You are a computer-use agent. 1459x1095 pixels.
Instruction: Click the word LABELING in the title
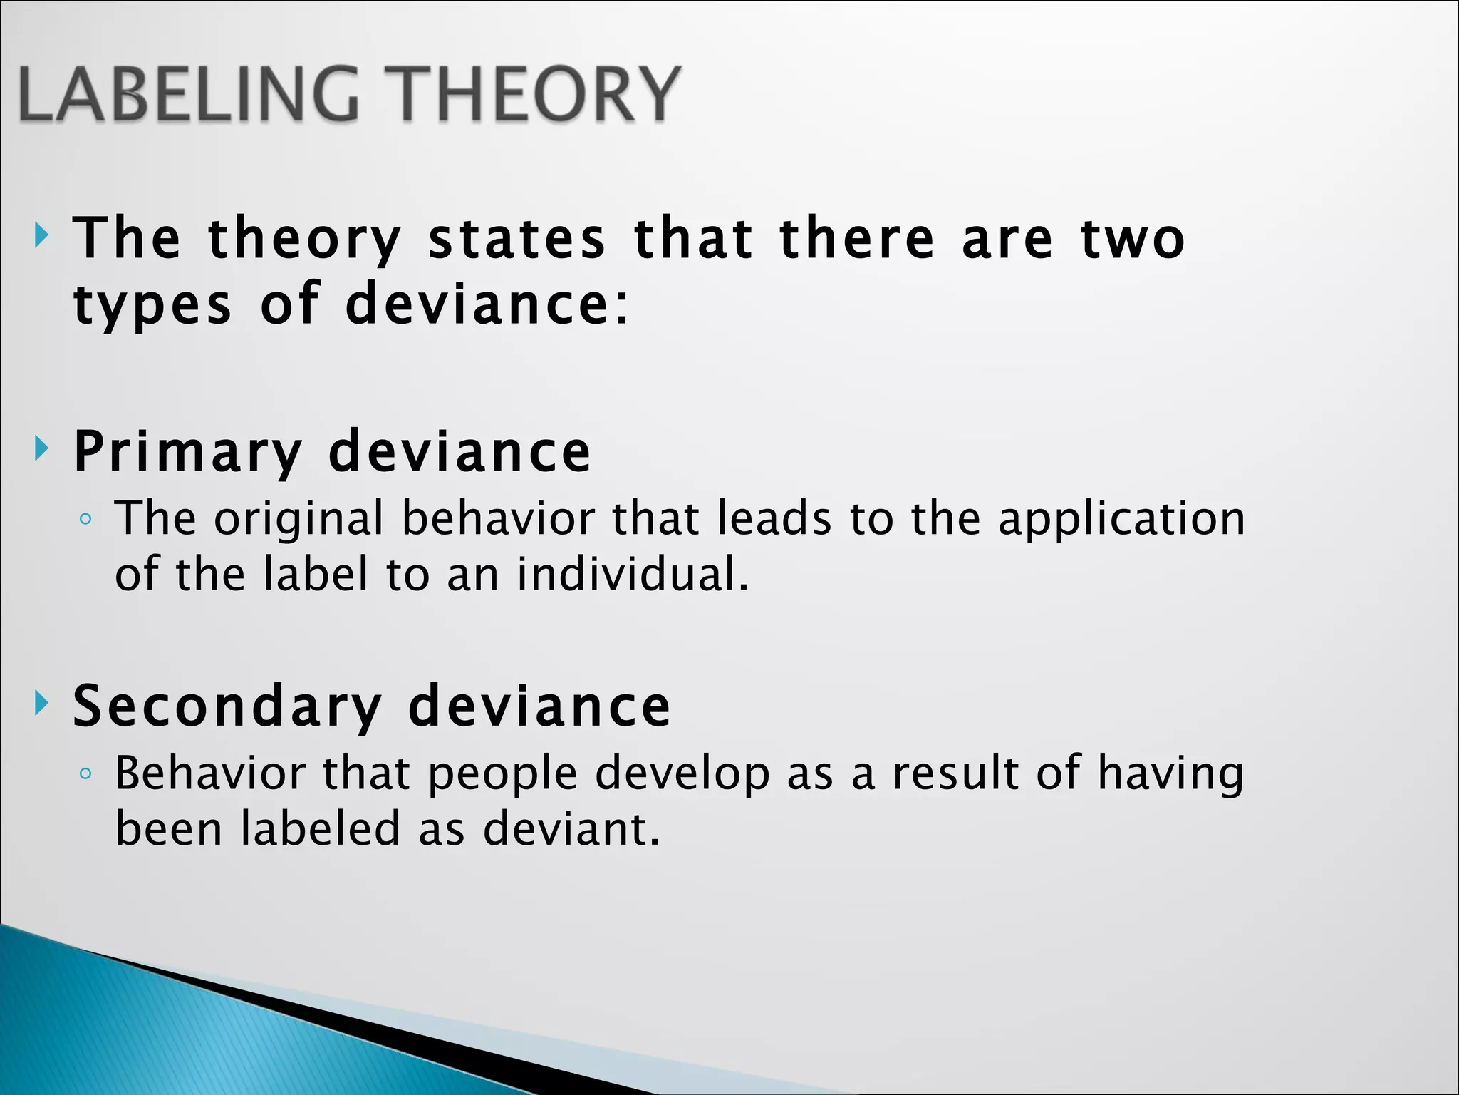point(189,94)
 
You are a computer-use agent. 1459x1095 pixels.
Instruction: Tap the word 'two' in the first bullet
point(1133,239)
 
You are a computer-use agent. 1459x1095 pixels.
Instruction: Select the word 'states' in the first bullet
point(516,239)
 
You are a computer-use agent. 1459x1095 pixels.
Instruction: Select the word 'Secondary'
point(227,706)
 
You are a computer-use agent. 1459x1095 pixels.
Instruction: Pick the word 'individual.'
point(633,575)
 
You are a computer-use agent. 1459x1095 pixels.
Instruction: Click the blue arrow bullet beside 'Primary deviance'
point(41,449)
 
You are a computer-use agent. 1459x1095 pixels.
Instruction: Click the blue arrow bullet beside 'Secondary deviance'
point(41,703)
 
